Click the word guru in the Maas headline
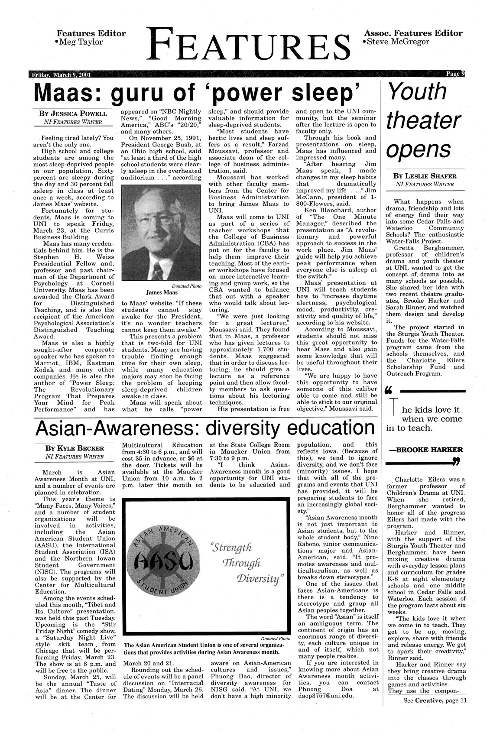coord(147,92)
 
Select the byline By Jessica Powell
coord(73,114)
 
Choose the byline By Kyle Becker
coord(73,448)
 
